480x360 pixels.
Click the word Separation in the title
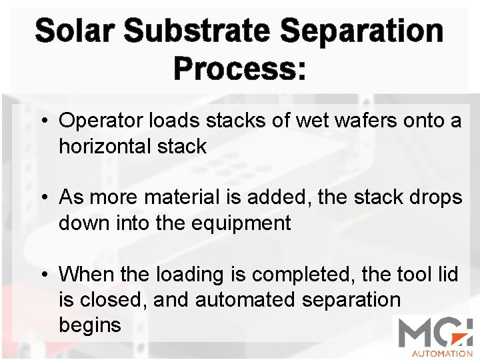(362, 31)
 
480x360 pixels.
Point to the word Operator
(99, 121)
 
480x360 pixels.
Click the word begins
(90, 325)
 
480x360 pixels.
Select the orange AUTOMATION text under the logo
(441, 353)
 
